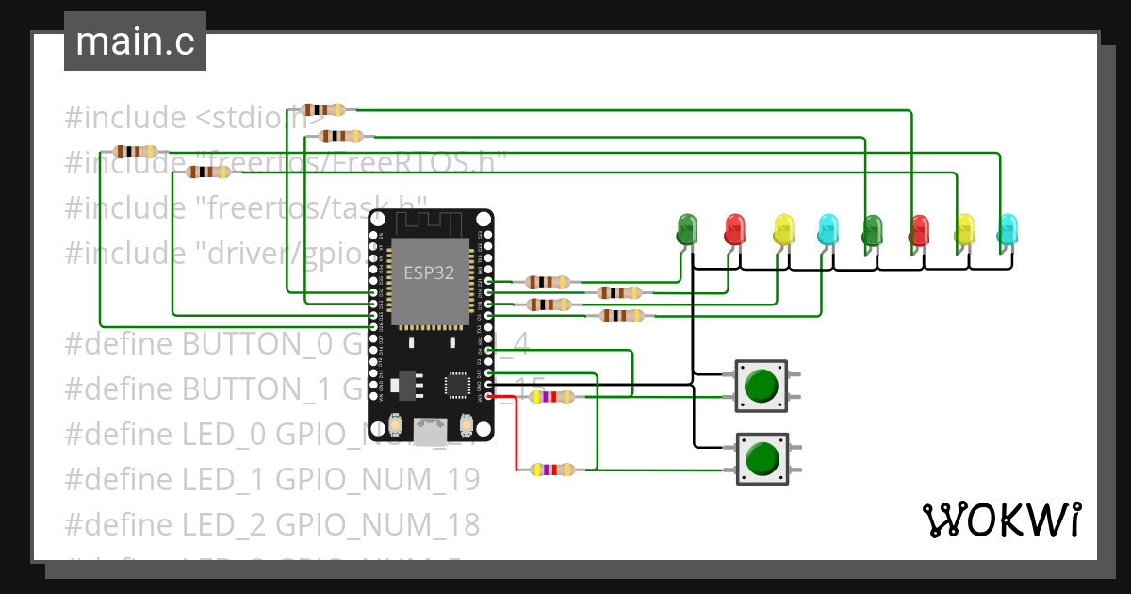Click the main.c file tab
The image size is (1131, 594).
coord(135,42)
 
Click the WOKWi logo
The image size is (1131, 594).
coord(1000,520)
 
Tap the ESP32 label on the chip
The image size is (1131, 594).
coord(430,273)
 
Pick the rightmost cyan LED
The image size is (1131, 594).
coord(1008,229)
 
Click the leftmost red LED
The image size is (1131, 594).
coord(734,229)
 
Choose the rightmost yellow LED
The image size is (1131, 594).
coord(964,229)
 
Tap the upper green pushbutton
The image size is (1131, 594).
coord(761,385)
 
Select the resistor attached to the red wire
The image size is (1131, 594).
coord(551,470)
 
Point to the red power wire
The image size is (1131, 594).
coord(516,434)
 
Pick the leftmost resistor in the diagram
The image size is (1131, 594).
coord(135,152)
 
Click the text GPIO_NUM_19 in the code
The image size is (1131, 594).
coord(377,479)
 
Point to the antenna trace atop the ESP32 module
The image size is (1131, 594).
coord(430,225)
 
